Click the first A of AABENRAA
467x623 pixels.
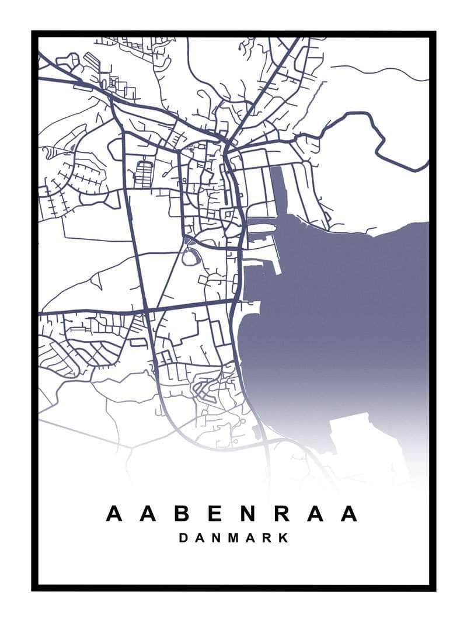tap(114, 514)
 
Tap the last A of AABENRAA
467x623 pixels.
tap(348, 514)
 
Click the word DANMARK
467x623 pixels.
tap(233, 538)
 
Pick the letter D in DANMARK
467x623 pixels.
tap(183, 538)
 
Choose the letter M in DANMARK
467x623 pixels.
tap(232, 538)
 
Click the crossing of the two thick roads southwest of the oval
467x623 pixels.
tap(146, 309)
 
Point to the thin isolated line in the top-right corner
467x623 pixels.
tap(379, 71)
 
